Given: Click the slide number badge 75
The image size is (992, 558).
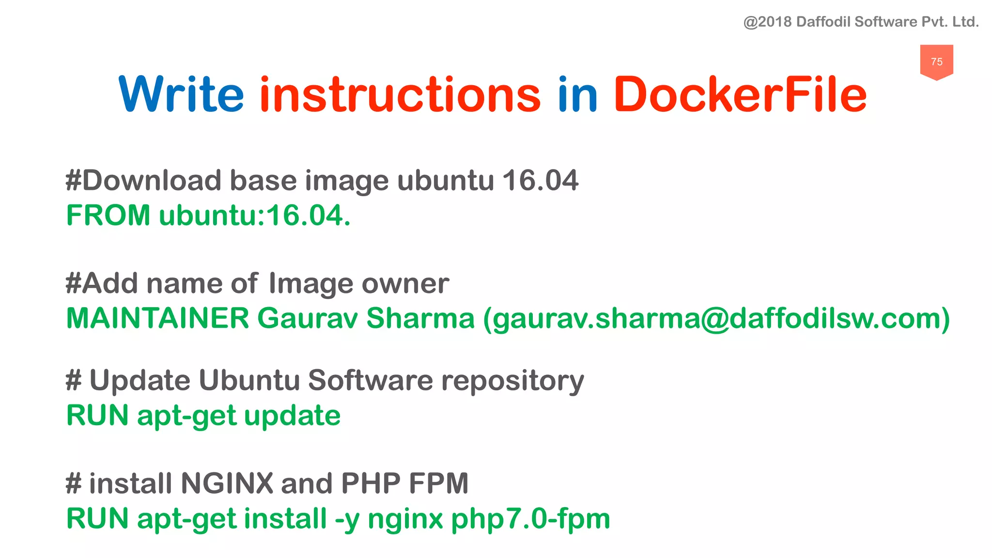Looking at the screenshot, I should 936,62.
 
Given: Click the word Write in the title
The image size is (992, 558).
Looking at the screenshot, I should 181,94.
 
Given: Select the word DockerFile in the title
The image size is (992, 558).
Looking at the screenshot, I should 740,94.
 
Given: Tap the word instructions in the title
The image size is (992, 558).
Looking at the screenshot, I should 400,94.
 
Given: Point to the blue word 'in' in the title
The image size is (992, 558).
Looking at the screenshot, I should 577,94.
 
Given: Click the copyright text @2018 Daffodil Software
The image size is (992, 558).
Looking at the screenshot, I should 861,22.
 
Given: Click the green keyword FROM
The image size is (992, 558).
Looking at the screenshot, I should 108,215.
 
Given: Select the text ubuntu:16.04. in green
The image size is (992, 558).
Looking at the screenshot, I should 255,215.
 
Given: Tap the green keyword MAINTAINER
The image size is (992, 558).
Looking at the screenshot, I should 157,318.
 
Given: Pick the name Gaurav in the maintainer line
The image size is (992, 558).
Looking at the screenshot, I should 307,318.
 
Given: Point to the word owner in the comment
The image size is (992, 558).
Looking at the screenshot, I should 405,283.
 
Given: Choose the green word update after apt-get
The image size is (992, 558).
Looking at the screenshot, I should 292,416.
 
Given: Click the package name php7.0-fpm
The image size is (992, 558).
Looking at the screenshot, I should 530,519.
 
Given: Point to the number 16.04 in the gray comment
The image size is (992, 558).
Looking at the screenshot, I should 540,180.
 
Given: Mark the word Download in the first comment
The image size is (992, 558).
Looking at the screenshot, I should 152,180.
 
